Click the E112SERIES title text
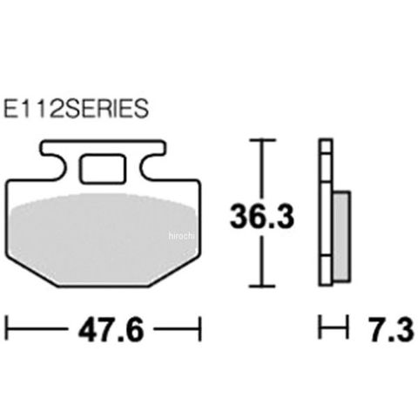76,109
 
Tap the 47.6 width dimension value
111,330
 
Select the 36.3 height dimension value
262,216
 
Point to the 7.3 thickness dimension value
391,330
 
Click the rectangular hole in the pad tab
103,169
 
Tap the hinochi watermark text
181,236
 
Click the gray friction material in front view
103,238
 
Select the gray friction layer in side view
341,237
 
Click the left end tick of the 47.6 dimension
7,329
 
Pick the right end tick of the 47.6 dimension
199,329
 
